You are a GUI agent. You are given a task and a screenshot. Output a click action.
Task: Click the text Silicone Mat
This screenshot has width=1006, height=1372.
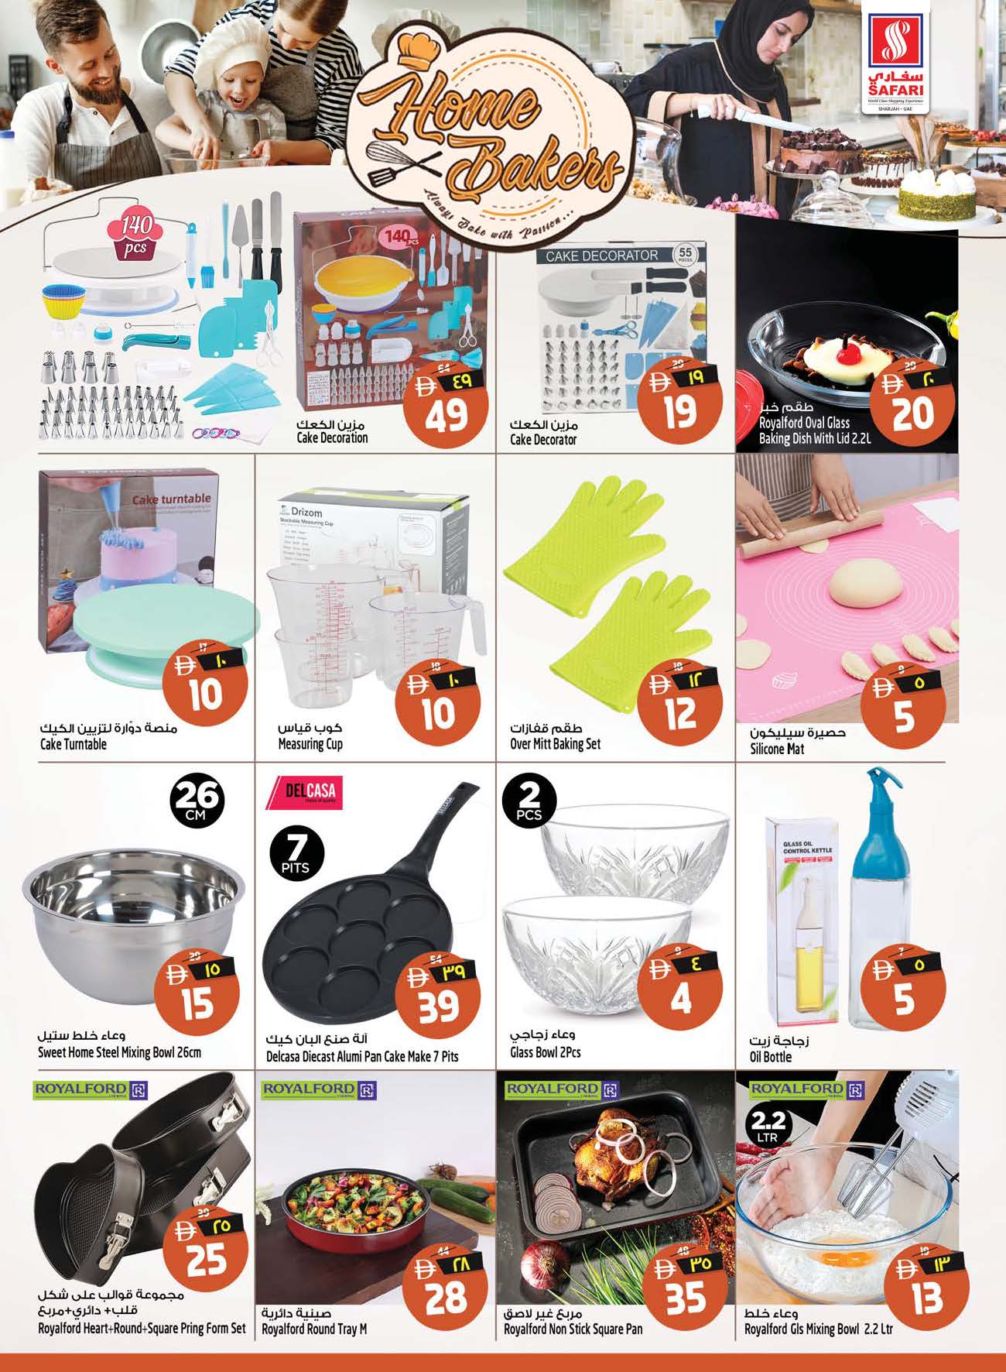(x=777, y=749)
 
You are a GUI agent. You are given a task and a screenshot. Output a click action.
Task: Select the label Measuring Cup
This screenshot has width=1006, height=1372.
(x=310, y=744)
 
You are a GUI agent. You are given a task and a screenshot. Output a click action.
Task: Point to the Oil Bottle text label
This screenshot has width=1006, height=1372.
(x=770, y=1057)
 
